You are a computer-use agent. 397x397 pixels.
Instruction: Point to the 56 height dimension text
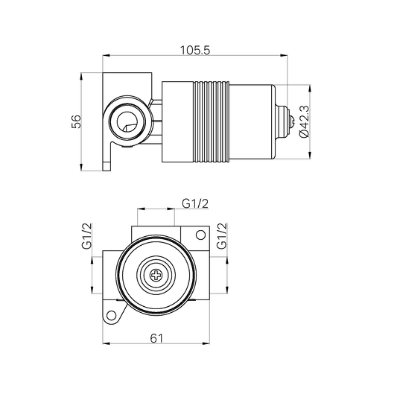(76, 121)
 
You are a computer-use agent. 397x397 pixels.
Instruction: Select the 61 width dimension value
(156, 337)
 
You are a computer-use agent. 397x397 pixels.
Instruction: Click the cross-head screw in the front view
(156, 275)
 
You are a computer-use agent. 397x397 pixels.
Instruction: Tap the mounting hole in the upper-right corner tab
(200, 236)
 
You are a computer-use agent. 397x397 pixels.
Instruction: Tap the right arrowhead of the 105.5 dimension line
(285, 55)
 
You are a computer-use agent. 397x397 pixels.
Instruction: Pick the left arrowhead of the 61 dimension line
(104, 343)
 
